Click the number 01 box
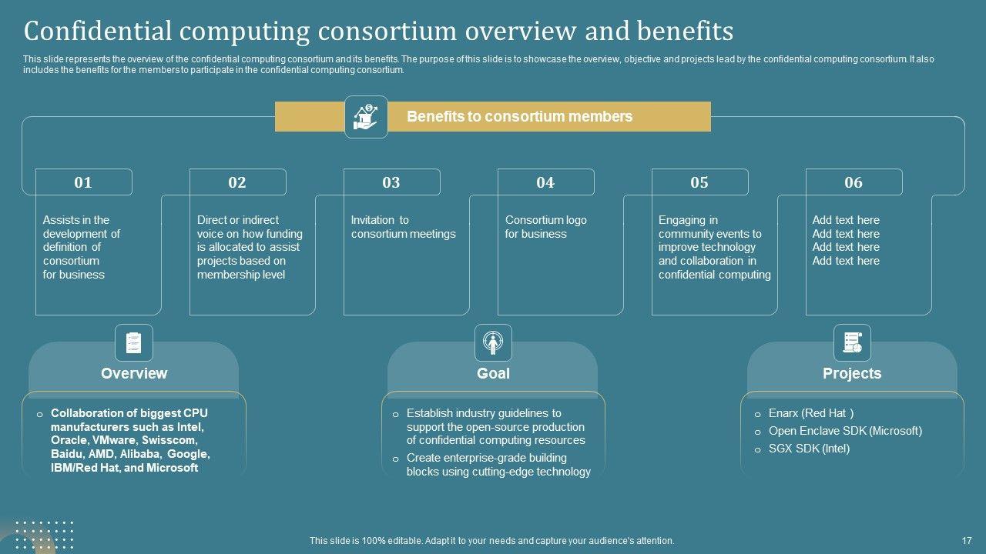[x=83, y=182]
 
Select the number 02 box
[x=237, y=182]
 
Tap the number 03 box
[x=391, y=182]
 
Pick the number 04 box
[x=545, y=182]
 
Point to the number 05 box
[x=699, y=182]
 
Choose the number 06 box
[x=854, y=182]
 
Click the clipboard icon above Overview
[x=134, y=342]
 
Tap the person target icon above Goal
[x=493, y=342]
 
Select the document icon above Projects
[x=852, y=342]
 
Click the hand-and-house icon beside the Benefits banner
[x=365, y=117]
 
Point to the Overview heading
[x=134, y=373]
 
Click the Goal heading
[x=493, y=373]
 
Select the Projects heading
[x=852, y=373]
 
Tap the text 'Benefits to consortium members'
[x=520, y=117]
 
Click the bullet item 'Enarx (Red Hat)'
[x=811, y=413]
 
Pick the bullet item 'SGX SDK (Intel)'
[x=809, y=449]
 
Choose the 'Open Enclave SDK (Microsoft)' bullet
[x=845, y=431]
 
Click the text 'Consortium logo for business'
[x=545, y=227]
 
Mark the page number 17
[x=967, y=541]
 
